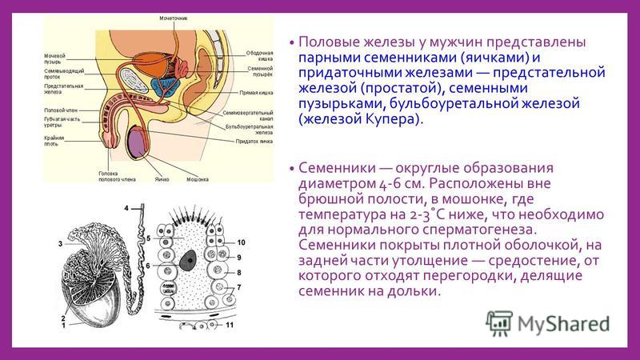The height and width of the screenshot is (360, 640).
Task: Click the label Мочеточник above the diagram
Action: click(x=174, y=18)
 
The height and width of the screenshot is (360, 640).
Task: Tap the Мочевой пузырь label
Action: click(x=54, y=58)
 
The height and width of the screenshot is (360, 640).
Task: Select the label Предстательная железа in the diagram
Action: click(x=64, y=89)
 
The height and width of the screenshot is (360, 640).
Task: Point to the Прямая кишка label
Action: click(x=256, y=93)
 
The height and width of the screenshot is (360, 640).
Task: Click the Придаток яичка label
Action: click(x=254, y=142)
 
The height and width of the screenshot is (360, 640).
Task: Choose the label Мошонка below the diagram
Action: click(x=198, y=179)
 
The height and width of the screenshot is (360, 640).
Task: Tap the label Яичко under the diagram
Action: click(x=162, y=179)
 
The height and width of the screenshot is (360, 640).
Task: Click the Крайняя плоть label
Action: click(x=54, y=141)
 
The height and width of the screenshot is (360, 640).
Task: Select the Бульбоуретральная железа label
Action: click(x=249, y=130)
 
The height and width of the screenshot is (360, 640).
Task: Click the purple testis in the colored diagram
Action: click(x=138, y=143)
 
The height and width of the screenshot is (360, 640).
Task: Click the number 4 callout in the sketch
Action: click(x=126, y=208)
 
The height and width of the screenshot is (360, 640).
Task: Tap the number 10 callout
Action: click(x=242, y=242)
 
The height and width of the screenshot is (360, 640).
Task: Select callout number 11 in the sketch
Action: click(x=230, y=325)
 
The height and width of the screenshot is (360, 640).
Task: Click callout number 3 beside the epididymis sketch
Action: click(x=61, y=244)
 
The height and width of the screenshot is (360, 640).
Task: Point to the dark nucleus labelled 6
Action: click(x=188, y=260)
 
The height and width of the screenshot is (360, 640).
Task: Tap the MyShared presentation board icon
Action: click(x=498, y=323)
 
